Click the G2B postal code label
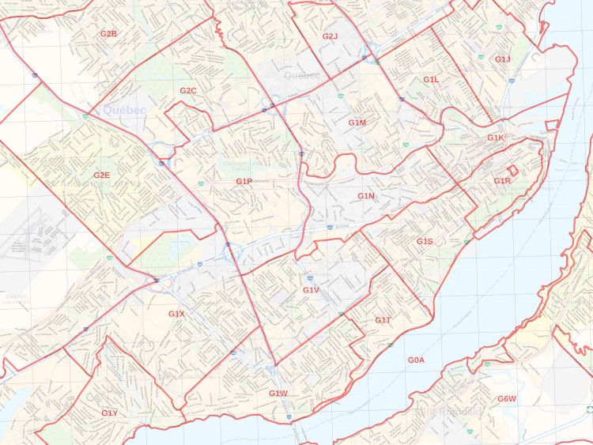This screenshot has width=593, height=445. [x=108, y=34]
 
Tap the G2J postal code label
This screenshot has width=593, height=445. [x=330, y=36]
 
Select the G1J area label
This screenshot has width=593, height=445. [x=503, y=59]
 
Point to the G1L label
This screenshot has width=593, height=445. [x=431, y=80]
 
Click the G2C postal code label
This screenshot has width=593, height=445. [x=187, y=91]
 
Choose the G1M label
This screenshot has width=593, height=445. [x=357, y=123]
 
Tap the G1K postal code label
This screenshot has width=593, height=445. [x=496, y=138]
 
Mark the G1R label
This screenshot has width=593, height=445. [x=502, y=182]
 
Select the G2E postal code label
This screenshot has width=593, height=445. [x=101, y=175]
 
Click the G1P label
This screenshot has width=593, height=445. [x=244, y=182]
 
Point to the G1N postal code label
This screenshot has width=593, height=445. [x=365, y=195]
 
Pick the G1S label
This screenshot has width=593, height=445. [x=425, y=241]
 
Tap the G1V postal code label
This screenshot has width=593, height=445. [x=311, y=290]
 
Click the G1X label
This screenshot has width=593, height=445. [x=176, y=314]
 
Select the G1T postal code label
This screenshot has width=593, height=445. [x=383, y=320]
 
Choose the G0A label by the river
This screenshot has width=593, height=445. [x=417, y=360]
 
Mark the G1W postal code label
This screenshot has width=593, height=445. [x=278, y=394]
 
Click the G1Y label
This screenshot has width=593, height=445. [x=109, y=413]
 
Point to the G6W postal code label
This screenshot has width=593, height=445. [x=507, y=398]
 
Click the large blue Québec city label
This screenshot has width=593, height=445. [x=124, y=110]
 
